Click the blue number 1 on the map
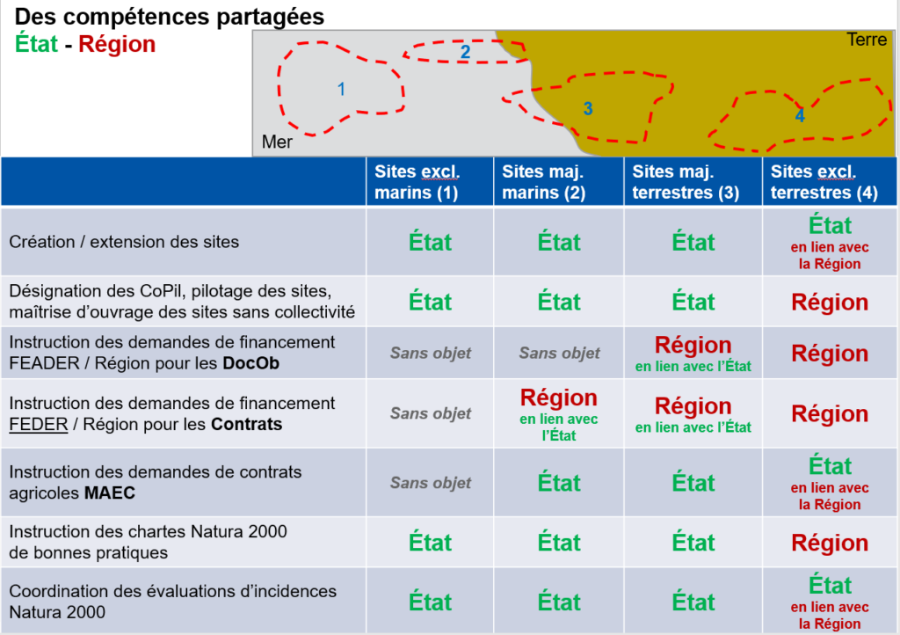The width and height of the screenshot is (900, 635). (x=342, y=89)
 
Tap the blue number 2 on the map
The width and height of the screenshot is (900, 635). (x=466, y=52)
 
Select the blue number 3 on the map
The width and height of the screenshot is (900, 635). (x=588, y=108)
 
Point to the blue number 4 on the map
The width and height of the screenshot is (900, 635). (x=800, y=115)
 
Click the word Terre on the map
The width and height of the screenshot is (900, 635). (x=867, y=40)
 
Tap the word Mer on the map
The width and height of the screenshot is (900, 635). (x=277, y=142)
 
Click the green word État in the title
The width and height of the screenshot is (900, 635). (x=36, y=44)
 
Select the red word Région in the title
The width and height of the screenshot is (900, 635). (x=117, y=44)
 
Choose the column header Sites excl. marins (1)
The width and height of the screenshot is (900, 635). (x=417, y=182)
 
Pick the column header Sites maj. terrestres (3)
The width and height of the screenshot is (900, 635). (x=686, y=182)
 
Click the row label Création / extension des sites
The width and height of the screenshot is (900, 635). (x=124, y=242)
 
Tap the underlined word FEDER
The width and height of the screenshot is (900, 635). (x=39, y=424)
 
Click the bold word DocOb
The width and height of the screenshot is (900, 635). (x=250, y=363)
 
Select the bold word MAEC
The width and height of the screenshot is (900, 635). (x=110, y=493)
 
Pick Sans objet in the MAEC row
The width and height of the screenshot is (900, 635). (x=431, y=483)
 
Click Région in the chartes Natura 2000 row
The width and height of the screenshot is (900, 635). (x=830, y=543)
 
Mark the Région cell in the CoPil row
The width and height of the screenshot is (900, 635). (x=830, y=302)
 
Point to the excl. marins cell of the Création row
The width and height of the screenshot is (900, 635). (x=430, y=242)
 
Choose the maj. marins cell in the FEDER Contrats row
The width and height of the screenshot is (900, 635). (x=558, y=414)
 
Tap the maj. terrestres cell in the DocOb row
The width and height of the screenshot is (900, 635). (x=693, y=353)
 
